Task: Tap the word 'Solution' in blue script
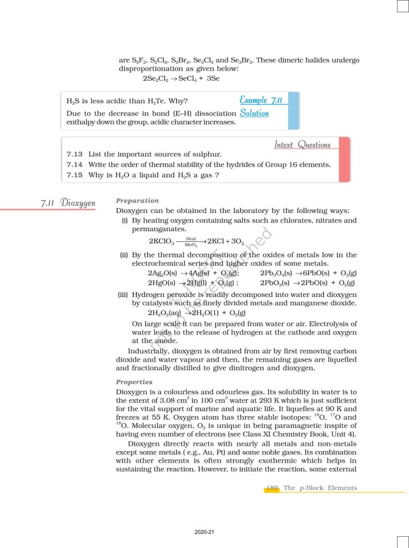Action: pyautogui.click(x=254, y=113)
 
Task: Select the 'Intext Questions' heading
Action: pyautogui.click(x=302, y=144)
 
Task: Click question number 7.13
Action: pyautogui.click(x=74, y=154)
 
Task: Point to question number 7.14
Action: pyautogui.click(x=74, y=164)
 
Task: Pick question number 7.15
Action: pyautogui.click(x=74, y=174)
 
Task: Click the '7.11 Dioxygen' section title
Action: pyautogui.click(x=68, y=203)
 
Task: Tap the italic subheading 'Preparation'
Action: pyautogui.click(x=137, y=201)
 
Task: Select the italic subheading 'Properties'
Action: pyautogui.click(x=134, y=382)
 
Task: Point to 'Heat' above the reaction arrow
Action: pyautogui.click(x=191, y=239)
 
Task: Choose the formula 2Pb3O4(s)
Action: pyautogui.click(x=277, y=273)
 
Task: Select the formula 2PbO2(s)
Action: pyautogui.click(x=276, y=283)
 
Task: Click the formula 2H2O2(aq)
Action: pyautogui.click(x=164, y=313)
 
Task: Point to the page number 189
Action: pyautogui.click(x=272, y=488)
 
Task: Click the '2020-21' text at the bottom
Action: pyautogui.click(x=205, y=532)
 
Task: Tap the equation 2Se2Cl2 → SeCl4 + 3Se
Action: pyautogui.click(x=181, y=79)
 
